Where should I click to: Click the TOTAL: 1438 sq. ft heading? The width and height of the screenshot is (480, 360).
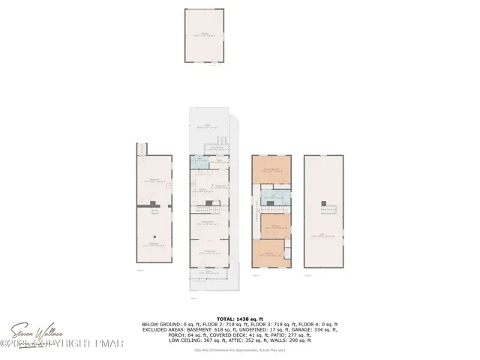239,319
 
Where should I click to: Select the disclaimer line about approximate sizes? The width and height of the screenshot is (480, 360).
239,349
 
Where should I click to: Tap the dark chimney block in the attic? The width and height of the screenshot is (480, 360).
323,202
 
